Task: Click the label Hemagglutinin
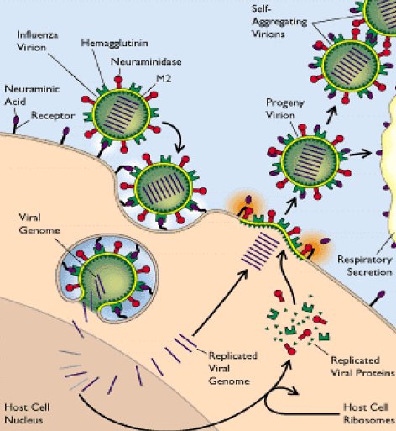pyautogui.click(x=114, y=44)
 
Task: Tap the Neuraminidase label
pyautogui.click(x=146, y=61)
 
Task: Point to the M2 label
pyautogui.click(x=164, y=78)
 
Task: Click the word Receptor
pyautogui.click(x=53, y=115)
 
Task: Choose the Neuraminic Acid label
pyautogui.click(x=32, y=95)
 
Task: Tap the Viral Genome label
pyautogui.click(x=39, y=223)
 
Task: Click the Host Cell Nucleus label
pyautogui.click(x=27, y=413)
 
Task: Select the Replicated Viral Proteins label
pyautogui.click(x=362, y=366)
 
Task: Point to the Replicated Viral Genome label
pyautogui.click(x=233, y=368)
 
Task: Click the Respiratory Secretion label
pyautogui.click(x=365, y=265)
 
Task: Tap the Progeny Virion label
pyautogui.click(x=284, y=108)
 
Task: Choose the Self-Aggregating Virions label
pyautogui.click(x=279, y=21)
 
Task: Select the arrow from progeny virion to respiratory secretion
pyautogui.click(x=360, y=154)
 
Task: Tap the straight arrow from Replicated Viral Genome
pyautogui.click(x=220, y=302)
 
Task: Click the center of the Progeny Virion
pyautogui.click(x=310, y=162)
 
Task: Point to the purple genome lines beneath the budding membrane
pyautogui.click(x=260, y=250)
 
